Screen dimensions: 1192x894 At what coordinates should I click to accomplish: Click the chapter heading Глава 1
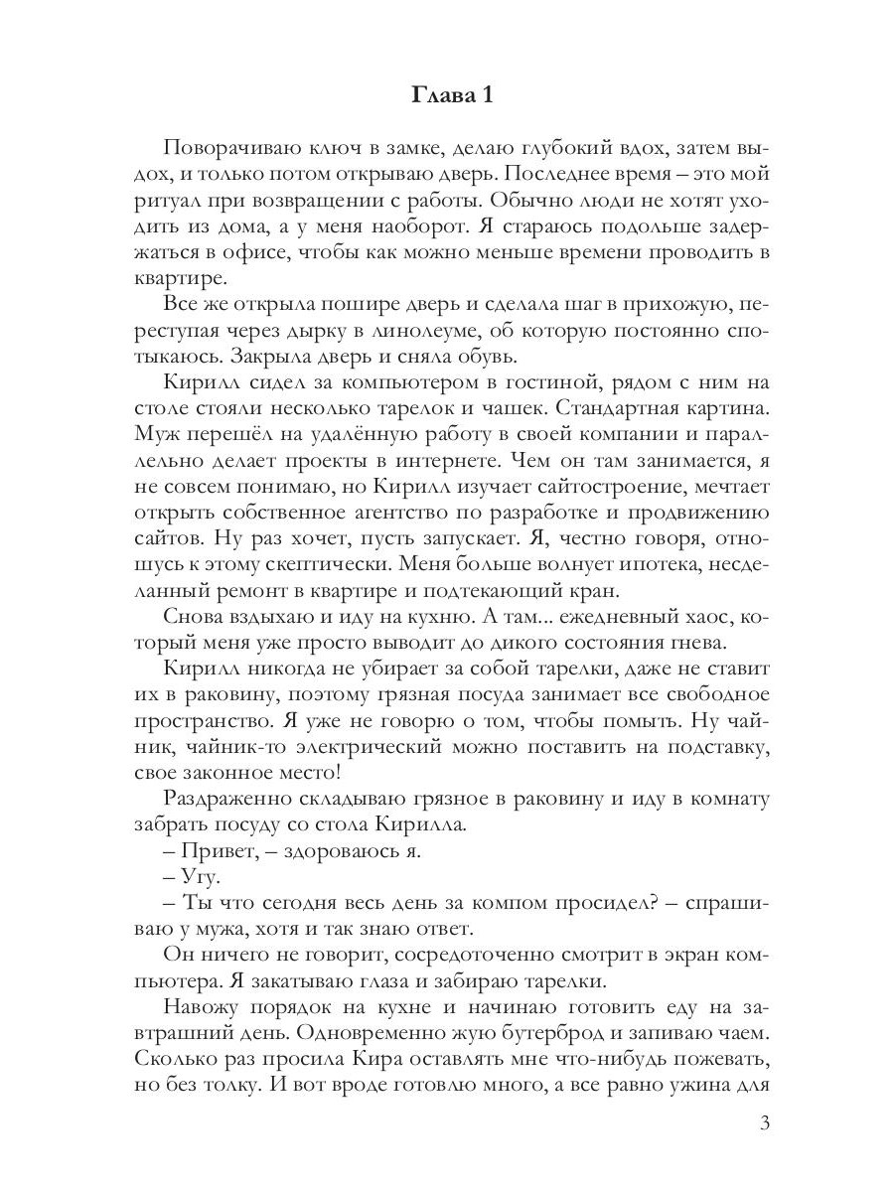click(451, 96)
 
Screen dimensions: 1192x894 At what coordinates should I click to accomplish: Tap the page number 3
click(764, 1124)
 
